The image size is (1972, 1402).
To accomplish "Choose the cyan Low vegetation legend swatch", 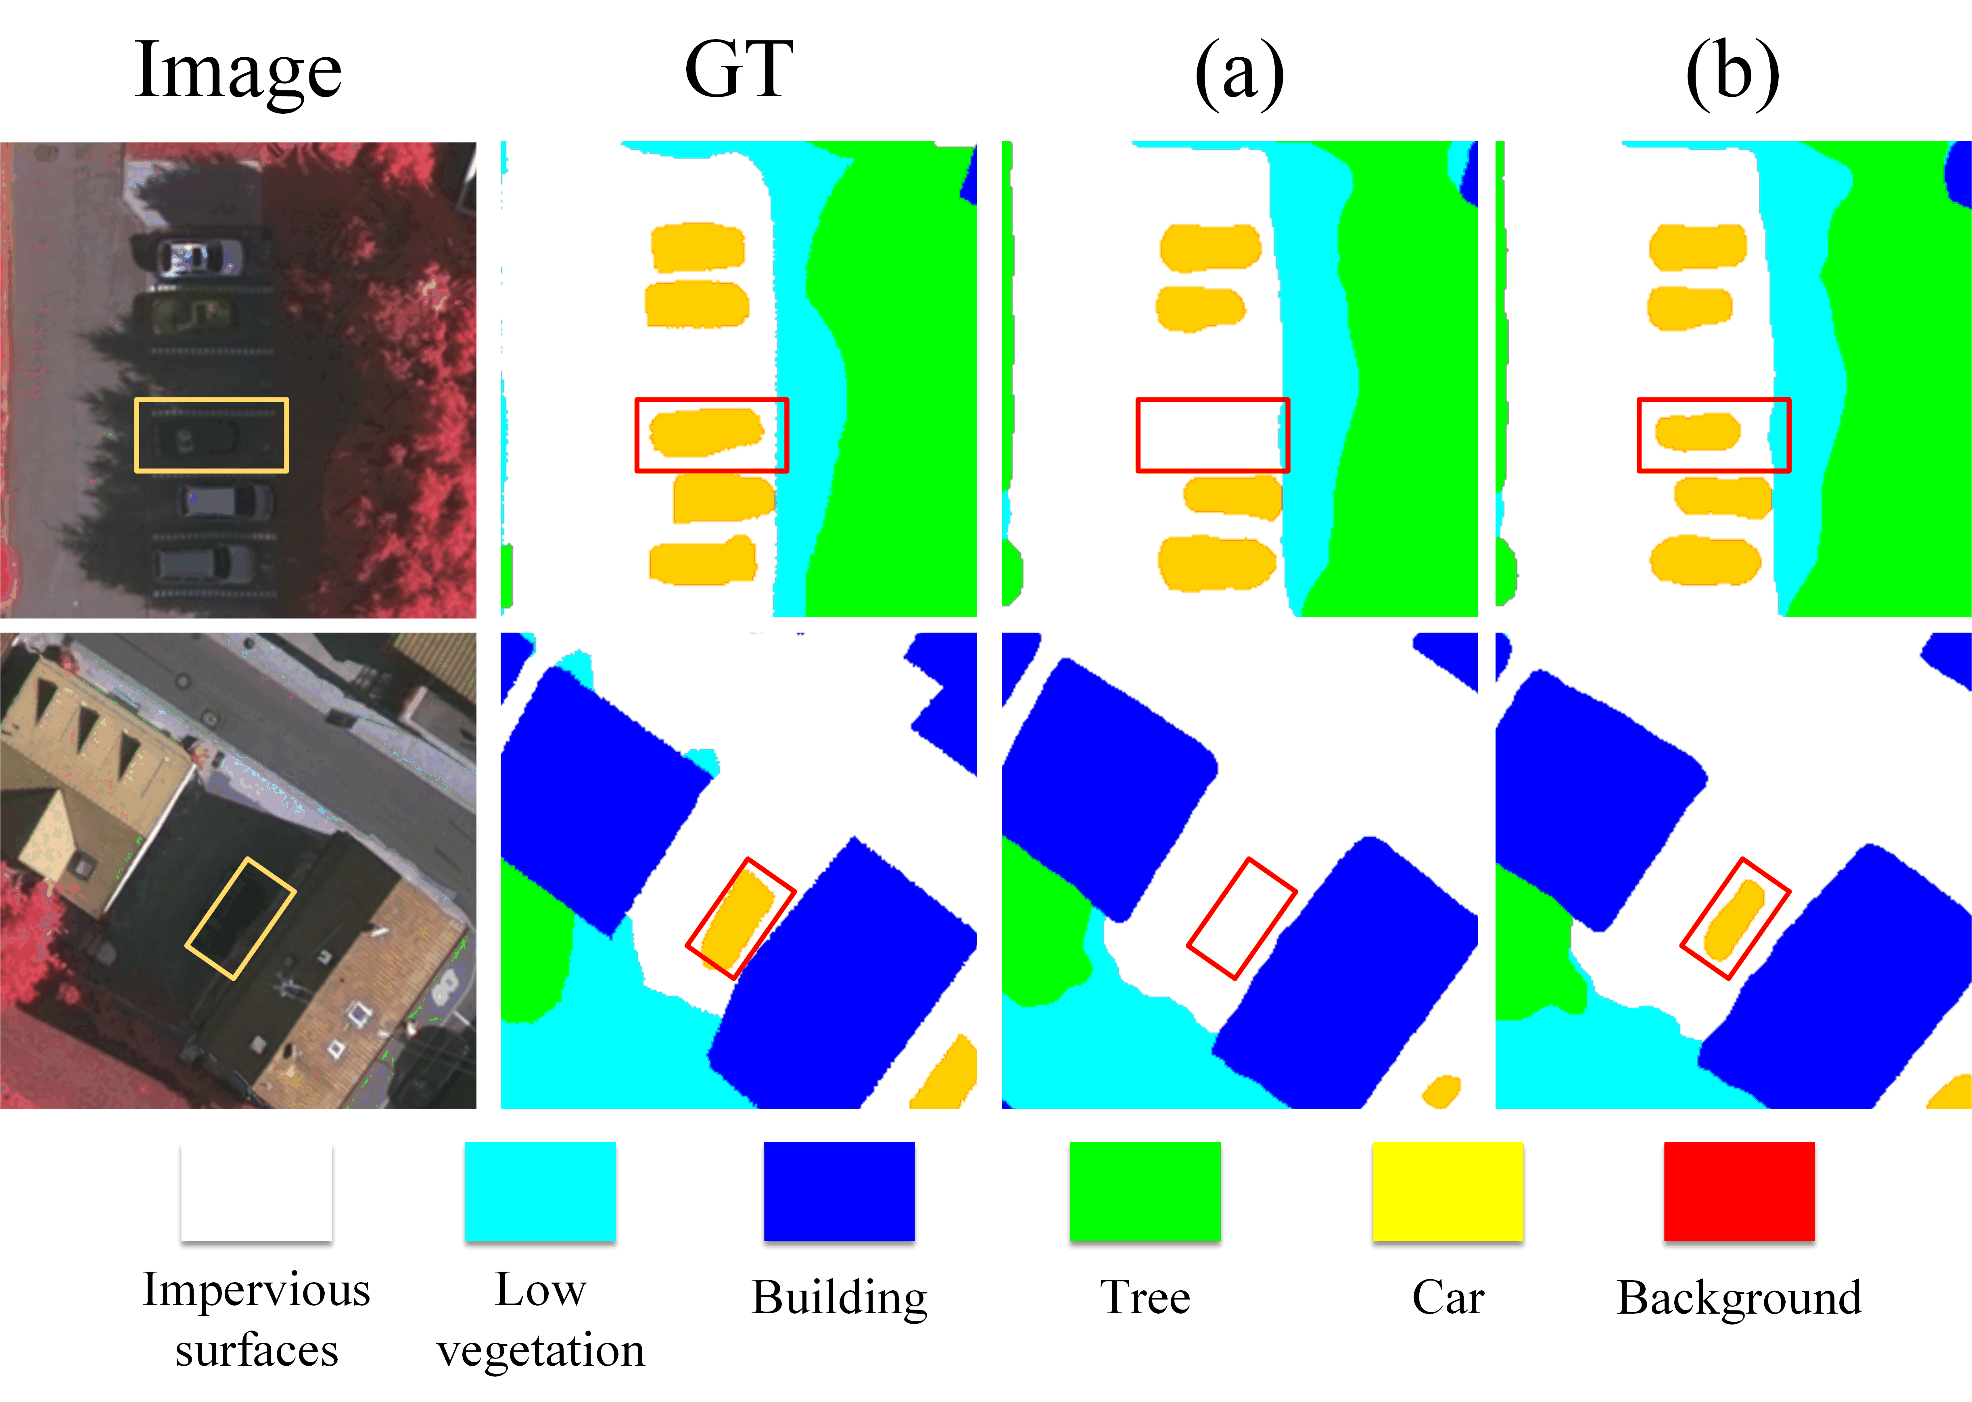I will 540,1191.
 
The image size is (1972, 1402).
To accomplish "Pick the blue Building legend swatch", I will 839,1191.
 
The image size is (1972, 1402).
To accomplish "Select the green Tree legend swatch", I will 1145,1191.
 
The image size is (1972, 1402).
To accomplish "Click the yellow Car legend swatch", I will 1447,1191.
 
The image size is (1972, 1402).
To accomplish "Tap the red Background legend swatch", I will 1739,1191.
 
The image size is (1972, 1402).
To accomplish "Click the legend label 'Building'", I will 839,1298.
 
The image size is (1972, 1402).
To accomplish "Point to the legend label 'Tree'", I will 1145,1298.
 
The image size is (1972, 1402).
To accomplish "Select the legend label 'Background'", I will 1739,1298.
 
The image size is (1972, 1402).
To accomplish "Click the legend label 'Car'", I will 1447,1298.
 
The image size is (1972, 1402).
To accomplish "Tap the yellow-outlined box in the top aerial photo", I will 211,435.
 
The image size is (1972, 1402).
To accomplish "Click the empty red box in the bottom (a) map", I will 1241,919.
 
